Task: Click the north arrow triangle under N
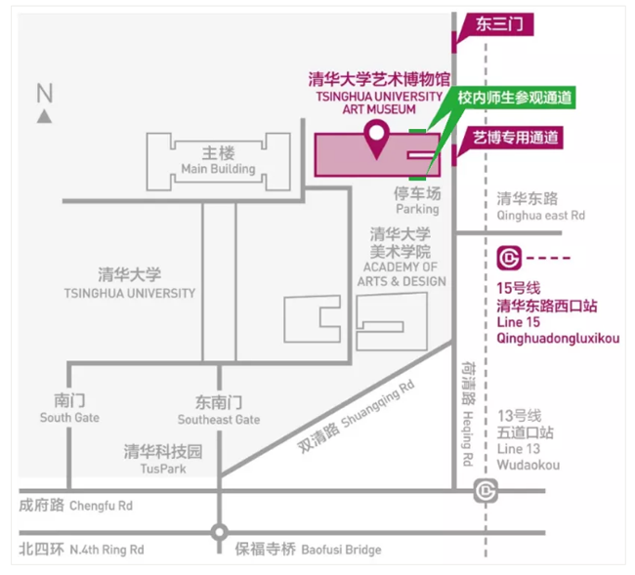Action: (x=45, y=116)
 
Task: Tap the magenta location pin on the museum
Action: (x=374, y=139)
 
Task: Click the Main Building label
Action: (x=218, y=161)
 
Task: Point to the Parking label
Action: (x=417, y=202)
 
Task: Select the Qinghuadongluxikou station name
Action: (x=558, y=339)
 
